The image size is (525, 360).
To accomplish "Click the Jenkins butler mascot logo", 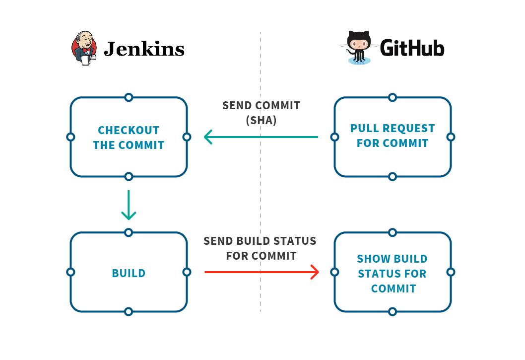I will [x=85, y=48].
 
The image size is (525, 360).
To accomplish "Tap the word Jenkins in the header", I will [x=144, y=49].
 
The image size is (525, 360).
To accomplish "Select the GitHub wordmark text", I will [x=412, y=48].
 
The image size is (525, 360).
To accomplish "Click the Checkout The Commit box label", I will [x=129, y=138].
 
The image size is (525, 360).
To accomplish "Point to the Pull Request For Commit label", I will [x=392, y=136].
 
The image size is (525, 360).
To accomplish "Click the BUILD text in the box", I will [x=129, y=273].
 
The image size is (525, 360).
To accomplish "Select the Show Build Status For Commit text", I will [x=392, y=274].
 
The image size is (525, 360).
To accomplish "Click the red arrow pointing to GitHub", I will [x=262, y=272].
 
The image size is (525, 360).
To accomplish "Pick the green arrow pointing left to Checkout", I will [x=261, y=137].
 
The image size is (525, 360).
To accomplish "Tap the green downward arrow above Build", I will [x=129, y=205].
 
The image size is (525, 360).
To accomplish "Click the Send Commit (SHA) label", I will [x=261, y=113].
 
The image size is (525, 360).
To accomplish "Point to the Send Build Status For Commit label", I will [x=260, y=248].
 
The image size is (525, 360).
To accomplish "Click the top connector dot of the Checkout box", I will [x=129, y=97].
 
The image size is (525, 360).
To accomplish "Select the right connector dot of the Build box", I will [x=187, y=272].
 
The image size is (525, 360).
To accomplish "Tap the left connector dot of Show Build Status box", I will [x=334, y=272].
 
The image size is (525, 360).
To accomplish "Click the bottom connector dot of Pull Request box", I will [x=393, y=176].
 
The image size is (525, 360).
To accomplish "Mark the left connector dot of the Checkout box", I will [x=70, y=137].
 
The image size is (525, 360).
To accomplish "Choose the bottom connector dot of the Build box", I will [x=129, y=312].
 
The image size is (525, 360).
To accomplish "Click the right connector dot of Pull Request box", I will [x=451, y=137].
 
